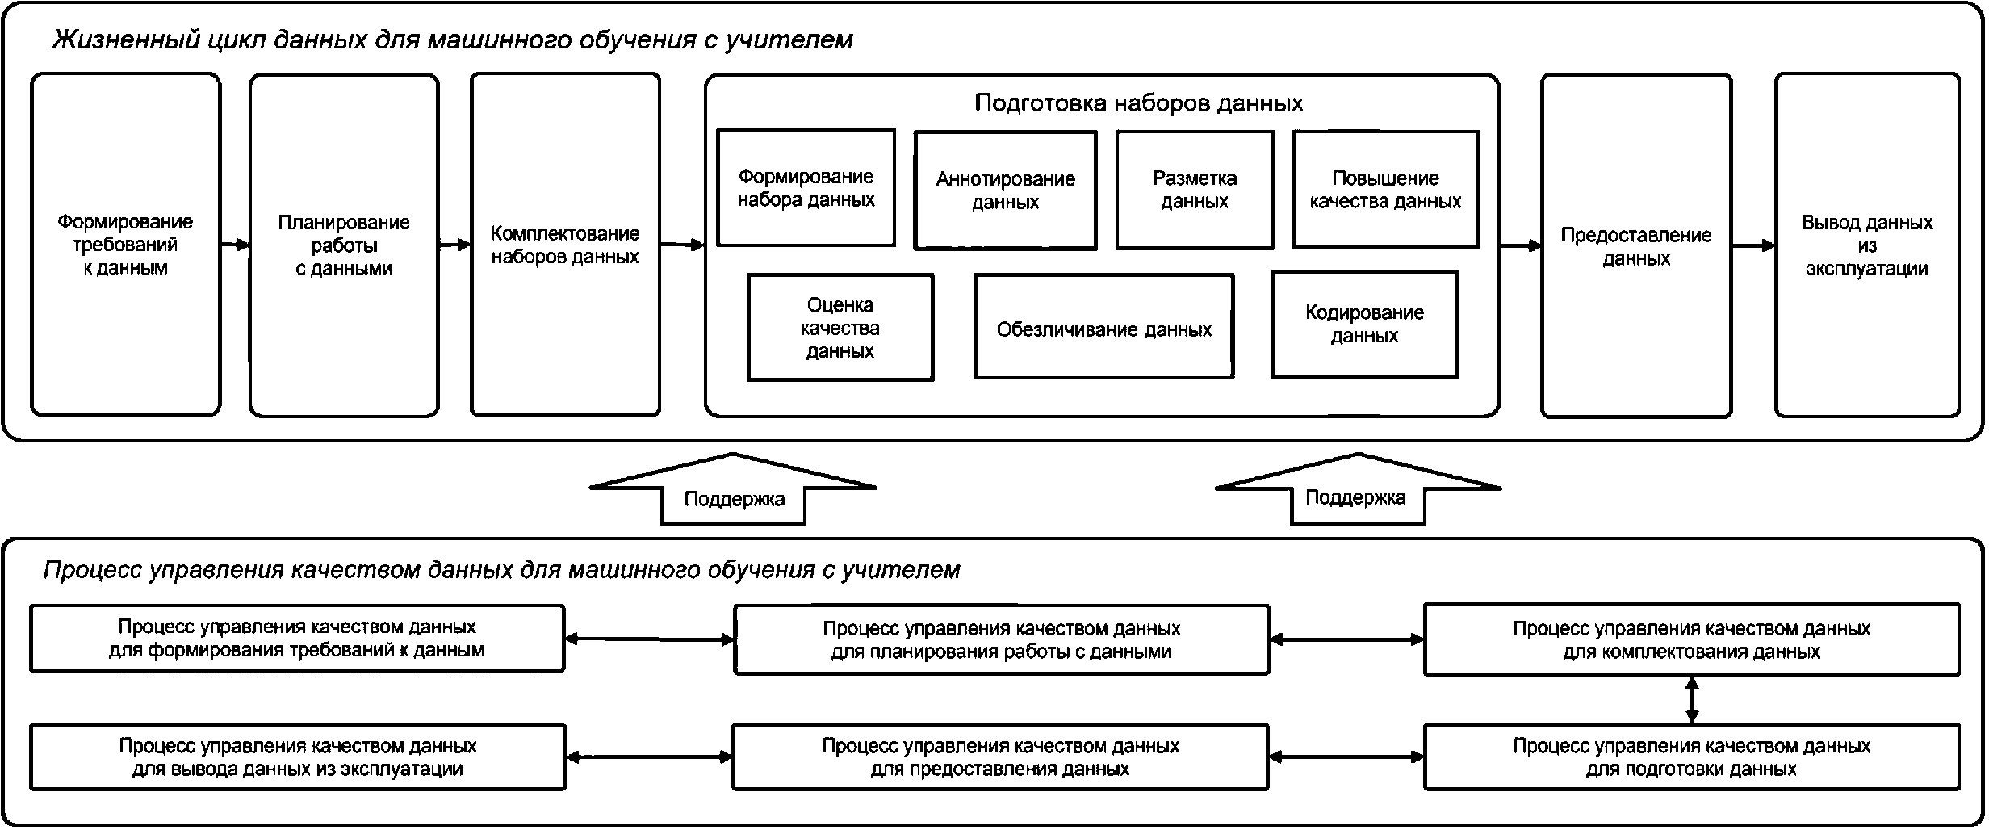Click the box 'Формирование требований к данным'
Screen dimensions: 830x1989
[125, 245]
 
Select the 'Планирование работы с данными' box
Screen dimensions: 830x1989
[344, 245]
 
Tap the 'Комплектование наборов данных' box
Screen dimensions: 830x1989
[565, 245]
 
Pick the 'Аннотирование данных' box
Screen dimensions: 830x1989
[1005, 191]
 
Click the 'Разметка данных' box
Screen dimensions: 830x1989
[1195, 190]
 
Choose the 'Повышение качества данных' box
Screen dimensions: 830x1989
[1385, 190]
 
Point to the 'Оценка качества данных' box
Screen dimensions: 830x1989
[840, 327]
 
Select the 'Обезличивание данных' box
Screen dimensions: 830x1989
[1103, 327]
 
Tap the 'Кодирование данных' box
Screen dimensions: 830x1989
[1364, 324]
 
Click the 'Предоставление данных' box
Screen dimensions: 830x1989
[1636, 246]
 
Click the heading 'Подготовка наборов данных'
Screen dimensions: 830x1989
[1138, 103]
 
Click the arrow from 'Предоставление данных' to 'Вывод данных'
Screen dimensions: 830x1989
[1753, 245]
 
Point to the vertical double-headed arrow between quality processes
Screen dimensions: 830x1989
[1692, 700]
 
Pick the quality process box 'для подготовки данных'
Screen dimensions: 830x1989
[1691, 757]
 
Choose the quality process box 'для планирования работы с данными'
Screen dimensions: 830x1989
[1001, 639]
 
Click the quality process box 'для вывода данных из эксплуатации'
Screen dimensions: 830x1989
[297, 757]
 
